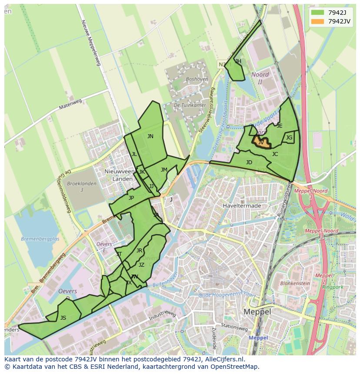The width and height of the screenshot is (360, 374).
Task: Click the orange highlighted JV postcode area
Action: [261, 142]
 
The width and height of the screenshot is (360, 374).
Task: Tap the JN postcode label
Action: [150, 136]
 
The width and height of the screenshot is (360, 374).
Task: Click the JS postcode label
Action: [63, 318]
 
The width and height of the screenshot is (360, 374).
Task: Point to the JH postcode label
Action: [238, 61]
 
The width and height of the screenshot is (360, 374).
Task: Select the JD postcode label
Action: [249, 162]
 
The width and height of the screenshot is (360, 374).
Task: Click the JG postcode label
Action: [289, 138]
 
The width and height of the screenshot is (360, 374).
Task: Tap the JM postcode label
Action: [164, 170]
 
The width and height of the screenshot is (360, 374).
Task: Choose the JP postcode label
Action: [131, 198]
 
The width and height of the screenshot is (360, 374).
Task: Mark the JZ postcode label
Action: [141, 265]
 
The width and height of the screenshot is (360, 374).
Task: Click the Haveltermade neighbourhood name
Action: [242, 205]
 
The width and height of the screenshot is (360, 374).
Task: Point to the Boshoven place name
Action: [197, 79]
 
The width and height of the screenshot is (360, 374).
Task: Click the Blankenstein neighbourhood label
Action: [295, 283]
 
